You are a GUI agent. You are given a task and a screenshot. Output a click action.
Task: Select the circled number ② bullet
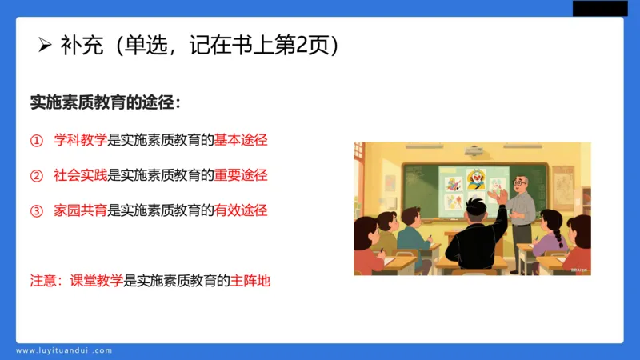click(x=36, y=175)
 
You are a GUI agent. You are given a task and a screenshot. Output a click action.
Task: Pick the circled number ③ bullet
click(x=36, y=211)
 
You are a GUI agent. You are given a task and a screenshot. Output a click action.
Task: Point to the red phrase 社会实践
click(x=80, y=175)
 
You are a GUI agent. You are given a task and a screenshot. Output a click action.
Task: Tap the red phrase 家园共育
click(x=80, y=211)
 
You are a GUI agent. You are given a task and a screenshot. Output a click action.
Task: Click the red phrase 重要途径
click(x=240, y=175)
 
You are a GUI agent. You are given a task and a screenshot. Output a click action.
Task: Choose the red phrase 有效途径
click(x=240, y=211)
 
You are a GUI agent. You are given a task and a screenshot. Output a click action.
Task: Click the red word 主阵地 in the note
click(x=250, y=281)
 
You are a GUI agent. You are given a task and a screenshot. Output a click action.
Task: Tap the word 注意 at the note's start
click(x=43, y=281)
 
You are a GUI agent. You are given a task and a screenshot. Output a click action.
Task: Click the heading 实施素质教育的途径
click(x=105, y=104)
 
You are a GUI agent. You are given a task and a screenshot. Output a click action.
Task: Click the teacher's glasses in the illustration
click(x=520, y=183)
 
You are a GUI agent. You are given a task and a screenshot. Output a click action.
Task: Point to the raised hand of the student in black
click(x=501, y=197)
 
